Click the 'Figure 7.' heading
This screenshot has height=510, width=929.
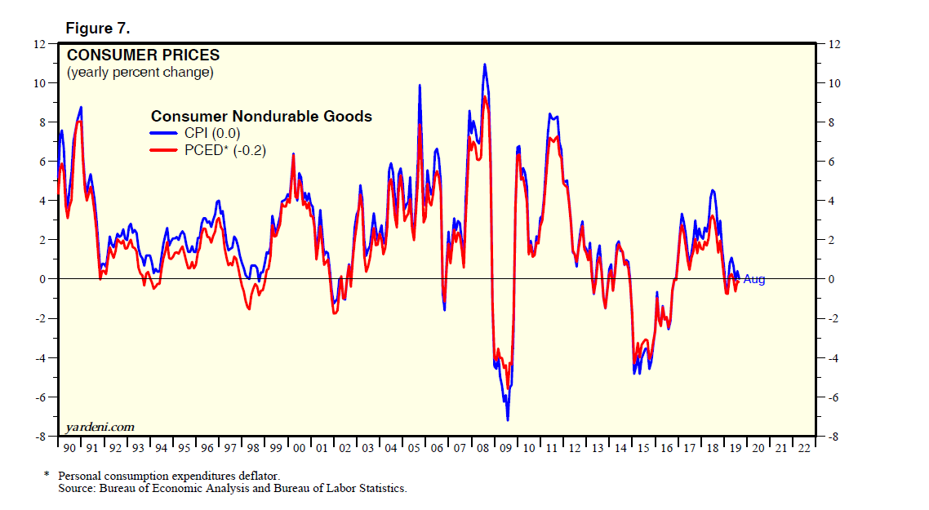[x=98, y=29]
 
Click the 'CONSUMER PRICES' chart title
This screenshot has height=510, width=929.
[x=143, y=55]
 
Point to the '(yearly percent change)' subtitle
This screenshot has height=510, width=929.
[x=140, y=73]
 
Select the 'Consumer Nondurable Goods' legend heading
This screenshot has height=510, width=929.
[x=261, y=117]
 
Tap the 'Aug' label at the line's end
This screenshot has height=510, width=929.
[x=754, y=279]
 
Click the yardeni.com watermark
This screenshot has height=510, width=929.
[x=100, y=427]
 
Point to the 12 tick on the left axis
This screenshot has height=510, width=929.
[x=39, y=44]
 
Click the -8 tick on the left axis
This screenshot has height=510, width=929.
[x=41, y=437]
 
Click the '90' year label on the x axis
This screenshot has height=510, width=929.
[x=69, y=448]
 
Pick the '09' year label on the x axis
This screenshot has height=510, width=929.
[x=505, y=448]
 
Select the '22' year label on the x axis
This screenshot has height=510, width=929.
[x=804, y=448]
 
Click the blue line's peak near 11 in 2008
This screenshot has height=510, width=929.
[x=485, y=64]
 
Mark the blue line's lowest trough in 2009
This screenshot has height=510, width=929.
[x=508, y=419]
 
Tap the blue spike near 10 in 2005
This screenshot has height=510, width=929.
[x=420, y=85]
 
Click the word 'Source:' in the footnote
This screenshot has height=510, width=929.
[x=75, y=488]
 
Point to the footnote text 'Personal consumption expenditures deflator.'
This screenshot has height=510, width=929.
[x=167, y=476]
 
